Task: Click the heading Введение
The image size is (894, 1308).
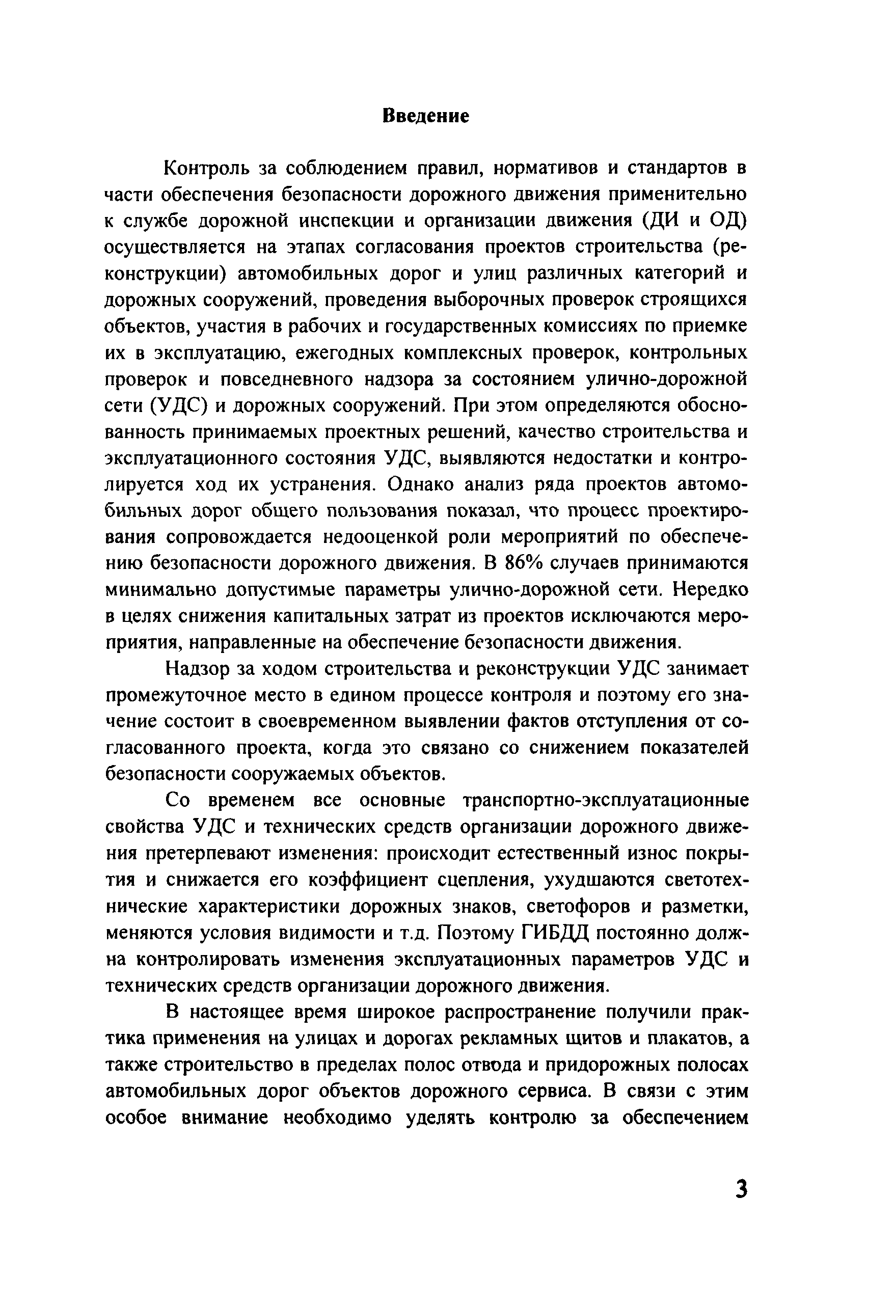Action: pos(426,116)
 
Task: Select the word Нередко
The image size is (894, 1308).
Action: pos(711,590)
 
